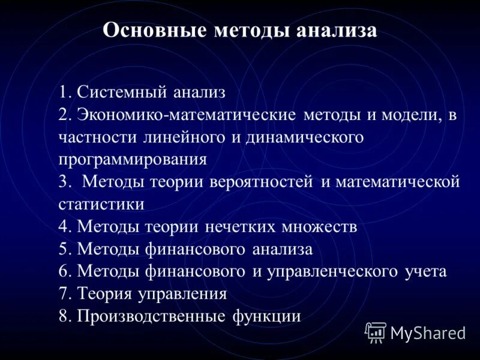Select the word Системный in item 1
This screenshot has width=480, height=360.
pos(122,92)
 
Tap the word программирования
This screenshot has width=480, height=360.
pos(133,160)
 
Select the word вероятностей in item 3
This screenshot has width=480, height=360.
pos(262,182)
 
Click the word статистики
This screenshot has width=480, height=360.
pos(101,204)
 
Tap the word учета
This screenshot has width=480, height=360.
pos(425,271)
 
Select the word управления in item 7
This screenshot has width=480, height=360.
pos(183,294)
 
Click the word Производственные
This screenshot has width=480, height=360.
pos(152,316)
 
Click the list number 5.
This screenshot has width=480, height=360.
pos(64,249)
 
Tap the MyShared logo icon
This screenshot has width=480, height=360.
pos(376,332)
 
